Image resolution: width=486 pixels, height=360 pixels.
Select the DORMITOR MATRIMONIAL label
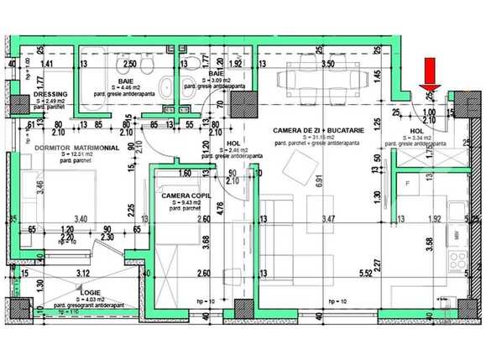76,147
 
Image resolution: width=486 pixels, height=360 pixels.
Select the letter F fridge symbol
407,181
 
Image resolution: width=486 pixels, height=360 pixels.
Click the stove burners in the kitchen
458,261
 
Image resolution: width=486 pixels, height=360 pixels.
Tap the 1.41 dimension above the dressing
48,64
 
